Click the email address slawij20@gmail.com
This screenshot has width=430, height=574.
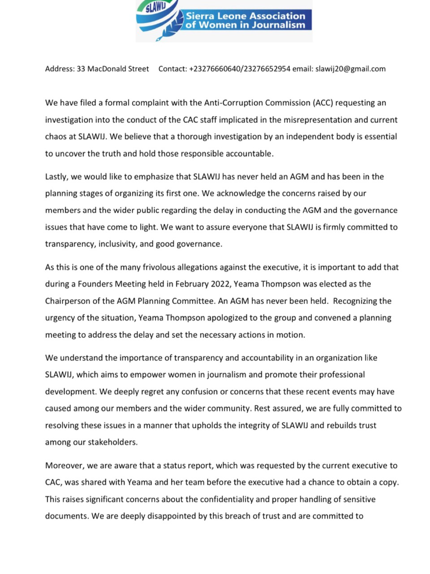coord(350,69)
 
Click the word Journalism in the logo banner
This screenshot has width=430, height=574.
coord(276,25)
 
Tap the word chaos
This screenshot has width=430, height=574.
coord(56,136)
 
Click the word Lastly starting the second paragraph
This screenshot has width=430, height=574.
coord(56,177)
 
